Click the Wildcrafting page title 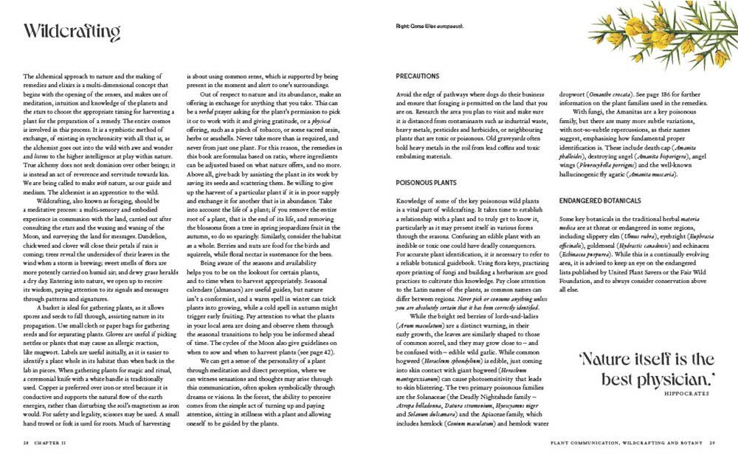tap(72, 32)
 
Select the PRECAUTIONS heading tap(418, 76)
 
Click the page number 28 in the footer tap(26, 443)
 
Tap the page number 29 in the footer tap(713, 443)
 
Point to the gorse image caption tap(433, 28)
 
